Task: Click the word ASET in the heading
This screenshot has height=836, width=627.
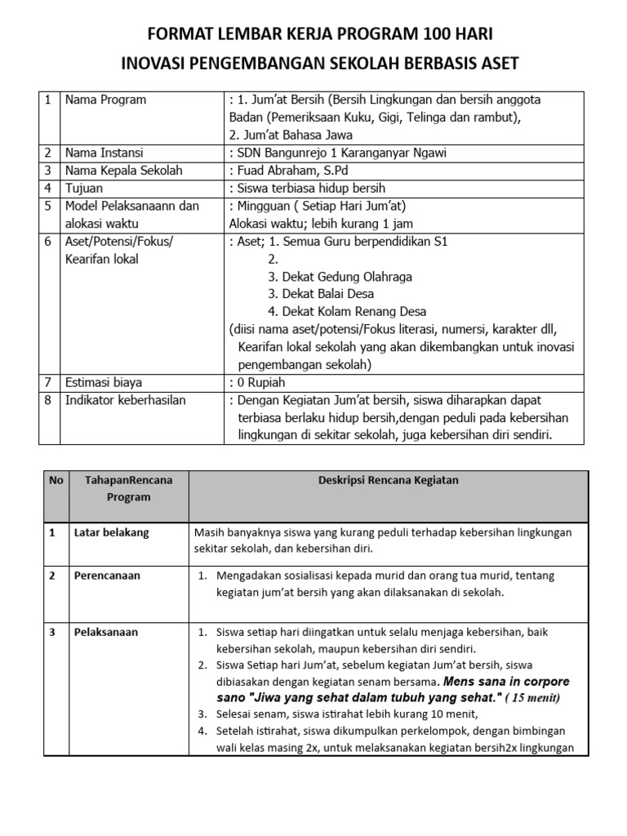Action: tap(495, 64)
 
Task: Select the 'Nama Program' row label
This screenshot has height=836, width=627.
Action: tap(106, 100)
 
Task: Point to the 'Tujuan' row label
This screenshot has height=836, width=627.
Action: tap(85, 188)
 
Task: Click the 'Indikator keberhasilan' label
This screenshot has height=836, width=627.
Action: tap(126, 400)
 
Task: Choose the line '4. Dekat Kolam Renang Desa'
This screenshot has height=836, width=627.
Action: tap(347, 312)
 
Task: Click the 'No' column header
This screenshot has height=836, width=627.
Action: tap(56, 481)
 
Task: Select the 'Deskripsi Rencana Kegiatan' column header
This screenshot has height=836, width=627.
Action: tap(388, 481)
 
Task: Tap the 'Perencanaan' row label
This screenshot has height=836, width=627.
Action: tap(106, 576)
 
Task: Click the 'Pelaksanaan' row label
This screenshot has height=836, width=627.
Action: tap(105, 632)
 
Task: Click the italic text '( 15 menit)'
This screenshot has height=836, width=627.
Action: tap(532, 698)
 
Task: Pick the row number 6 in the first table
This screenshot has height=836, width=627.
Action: tap(48, 242)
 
